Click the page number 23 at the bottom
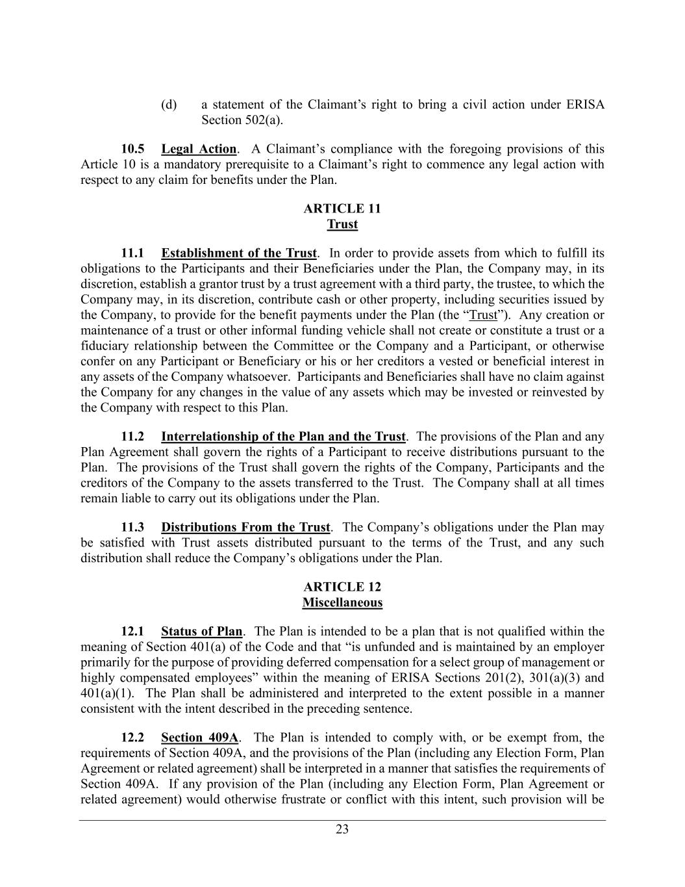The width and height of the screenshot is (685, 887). point(342,829)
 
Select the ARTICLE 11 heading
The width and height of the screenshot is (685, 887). point(342,209)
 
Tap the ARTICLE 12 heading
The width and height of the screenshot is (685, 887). point(342,587)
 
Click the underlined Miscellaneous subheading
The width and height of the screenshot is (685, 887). point(342,602)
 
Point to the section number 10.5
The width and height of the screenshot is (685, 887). point(133,149)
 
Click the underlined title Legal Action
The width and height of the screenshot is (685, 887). point(199,149)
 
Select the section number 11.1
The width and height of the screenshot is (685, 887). point(132,253)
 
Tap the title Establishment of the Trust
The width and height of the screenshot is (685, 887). point(239,253)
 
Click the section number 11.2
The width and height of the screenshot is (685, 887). point(132,437)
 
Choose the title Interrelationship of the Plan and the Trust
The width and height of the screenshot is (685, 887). point(283,437)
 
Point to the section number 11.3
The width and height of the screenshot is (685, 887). point(132,527)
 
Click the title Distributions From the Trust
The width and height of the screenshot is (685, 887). point(245,527)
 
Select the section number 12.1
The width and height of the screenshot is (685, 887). point(132,631)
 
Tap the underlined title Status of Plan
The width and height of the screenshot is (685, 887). point(201,631)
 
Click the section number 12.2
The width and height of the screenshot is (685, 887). point(132,738)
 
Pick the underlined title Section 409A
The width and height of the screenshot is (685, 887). point(200,738)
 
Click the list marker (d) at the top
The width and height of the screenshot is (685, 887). point(169,105)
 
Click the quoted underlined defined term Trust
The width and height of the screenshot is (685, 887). point(482,315)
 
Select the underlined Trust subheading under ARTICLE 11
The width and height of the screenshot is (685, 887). point(342,224)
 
